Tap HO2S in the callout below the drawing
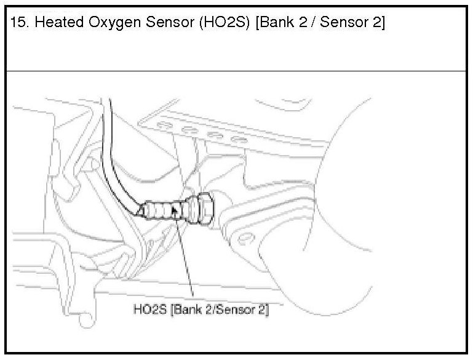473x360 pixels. click(x=149, y=309)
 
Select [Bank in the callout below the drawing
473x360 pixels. click(x=186, y=309)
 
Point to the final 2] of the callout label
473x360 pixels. click(x=264, y=309)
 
